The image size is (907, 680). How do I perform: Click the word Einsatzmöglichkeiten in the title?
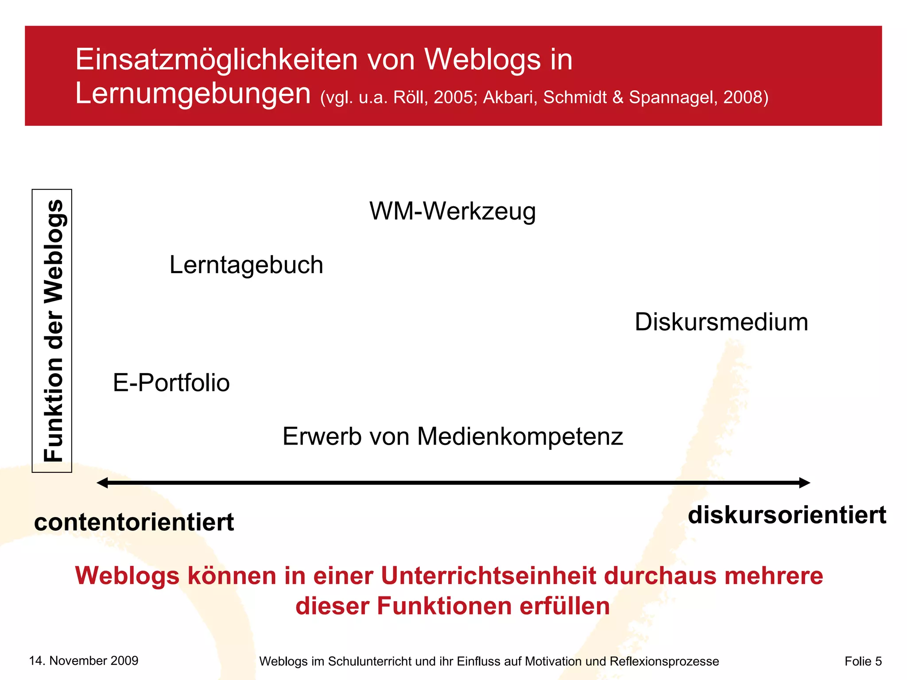coord(216,60)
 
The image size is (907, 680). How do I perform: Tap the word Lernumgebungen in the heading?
coord(193,94)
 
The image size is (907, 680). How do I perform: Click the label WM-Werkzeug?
coord(453,211)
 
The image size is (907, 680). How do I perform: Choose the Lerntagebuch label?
coord(246,265)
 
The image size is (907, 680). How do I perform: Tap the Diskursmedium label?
coord(721,322)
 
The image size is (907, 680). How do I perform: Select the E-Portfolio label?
coord(171,383)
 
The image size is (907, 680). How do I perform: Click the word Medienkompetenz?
coord(520,437)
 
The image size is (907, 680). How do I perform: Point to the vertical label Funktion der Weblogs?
coord(53,331)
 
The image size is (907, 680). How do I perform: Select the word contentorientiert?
coord(134,522)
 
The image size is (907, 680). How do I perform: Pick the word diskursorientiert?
coord(787,515)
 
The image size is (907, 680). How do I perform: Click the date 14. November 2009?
coord(84,661)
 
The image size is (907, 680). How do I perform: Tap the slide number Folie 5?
coord(863,661)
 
